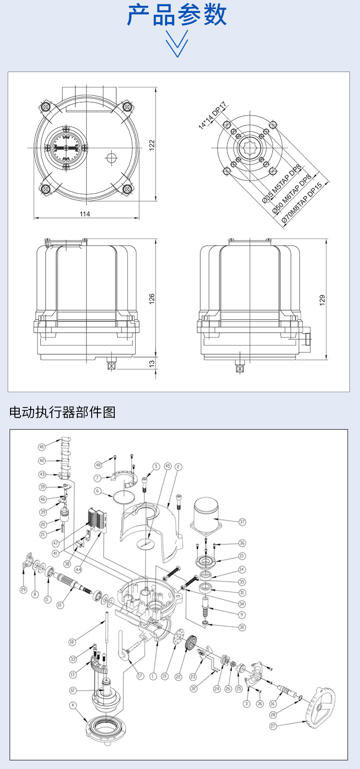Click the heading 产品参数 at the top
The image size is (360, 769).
click(x=177, y=15)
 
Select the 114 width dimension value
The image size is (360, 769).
click(x=85, y=214)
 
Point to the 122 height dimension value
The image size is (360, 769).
click(x=152, y=145)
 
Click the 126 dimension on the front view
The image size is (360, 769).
click(x=152, y=299)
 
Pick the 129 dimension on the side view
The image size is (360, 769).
click(x=322, y=300)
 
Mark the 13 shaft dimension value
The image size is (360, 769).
click(x=152, y=364)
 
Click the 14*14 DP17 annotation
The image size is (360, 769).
click(x=213, y=116)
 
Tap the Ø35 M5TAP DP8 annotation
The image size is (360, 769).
click(x=281, y=184)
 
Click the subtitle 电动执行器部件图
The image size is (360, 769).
click(x=62, y=412)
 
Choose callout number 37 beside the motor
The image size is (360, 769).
click(x=242, y=522)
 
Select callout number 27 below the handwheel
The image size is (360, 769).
click(x=273, y=726)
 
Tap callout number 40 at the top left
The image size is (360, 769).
click(x=42, y=447)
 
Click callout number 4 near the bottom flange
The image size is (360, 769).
click(x=73, y=705)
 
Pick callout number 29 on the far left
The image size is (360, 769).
click(x=23, y=590)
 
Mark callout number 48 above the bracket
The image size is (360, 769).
click(x=98, y=465)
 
